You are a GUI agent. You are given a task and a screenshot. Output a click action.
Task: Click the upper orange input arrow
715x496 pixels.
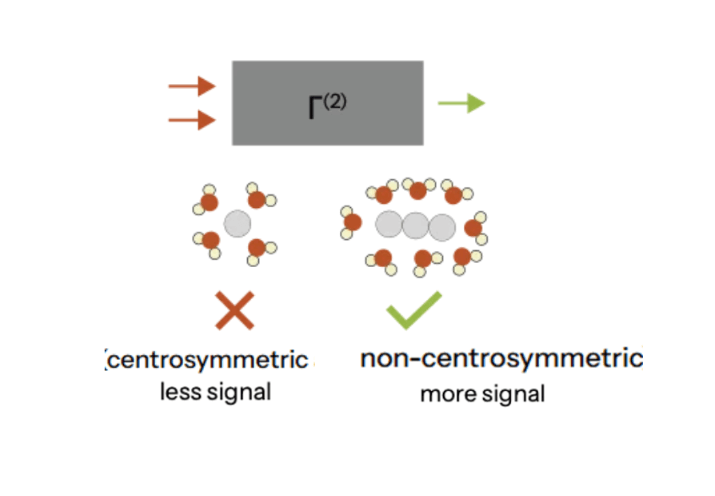(x=192, y=86)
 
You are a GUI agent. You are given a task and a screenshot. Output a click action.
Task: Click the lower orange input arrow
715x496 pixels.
(x=192, y=120)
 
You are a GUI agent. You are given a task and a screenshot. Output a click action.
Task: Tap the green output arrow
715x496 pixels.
(x=461, y=103)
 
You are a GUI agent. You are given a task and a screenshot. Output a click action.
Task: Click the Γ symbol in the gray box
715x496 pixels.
(x=315, y=108)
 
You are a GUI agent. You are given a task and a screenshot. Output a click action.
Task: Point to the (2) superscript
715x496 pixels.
(x=335, y=101)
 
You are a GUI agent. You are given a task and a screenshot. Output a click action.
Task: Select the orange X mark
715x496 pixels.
(x=235, y=310)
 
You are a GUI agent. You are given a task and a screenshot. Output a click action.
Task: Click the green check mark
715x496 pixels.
(x=414, y=310)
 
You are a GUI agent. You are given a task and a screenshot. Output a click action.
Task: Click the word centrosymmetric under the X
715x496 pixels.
(x=208, y=360)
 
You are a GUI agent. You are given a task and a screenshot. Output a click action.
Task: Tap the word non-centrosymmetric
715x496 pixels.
(x=502, y=358)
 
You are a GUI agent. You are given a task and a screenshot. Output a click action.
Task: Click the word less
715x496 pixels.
(x=181, y=392)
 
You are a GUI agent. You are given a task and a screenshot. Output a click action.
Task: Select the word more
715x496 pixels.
(x=446, y=394)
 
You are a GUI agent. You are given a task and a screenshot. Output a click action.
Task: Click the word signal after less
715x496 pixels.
(x=239, y=393)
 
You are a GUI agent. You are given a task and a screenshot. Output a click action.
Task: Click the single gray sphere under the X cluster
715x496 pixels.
(x=237, y=224)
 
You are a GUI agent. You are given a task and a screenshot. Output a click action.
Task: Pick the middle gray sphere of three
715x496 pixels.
(x=415, y=225)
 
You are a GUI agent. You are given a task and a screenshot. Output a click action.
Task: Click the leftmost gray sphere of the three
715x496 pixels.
(x=389, y=224)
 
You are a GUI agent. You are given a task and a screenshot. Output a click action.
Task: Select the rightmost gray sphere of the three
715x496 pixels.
(x=442, y=227)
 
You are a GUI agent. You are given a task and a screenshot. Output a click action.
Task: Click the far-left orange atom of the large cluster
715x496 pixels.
(x=352, y=222)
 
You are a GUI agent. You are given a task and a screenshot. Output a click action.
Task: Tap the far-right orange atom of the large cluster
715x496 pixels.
(x=473, y=228)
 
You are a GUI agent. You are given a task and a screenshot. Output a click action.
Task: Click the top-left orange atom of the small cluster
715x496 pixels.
(x=209, y=202)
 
